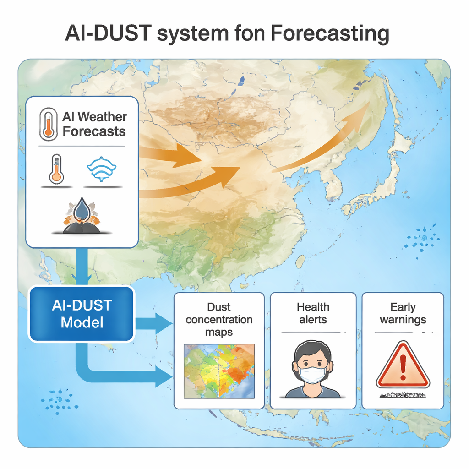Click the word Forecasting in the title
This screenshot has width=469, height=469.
(330, 33)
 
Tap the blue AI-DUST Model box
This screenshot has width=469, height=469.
(82, 314)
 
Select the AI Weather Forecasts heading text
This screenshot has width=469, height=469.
(94, 124)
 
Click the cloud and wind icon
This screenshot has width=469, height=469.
(101, 169)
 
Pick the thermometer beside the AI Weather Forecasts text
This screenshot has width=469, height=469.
(49, 124)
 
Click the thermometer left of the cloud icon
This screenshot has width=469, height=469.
(56, 169)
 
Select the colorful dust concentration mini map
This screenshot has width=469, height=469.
(219, 371)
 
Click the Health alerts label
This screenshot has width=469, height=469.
(313, 313)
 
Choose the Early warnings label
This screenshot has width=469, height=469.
(403, 313)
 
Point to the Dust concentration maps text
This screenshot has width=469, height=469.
(219, 319)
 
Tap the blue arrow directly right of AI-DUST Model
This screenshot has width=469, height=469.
(154, 324)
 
